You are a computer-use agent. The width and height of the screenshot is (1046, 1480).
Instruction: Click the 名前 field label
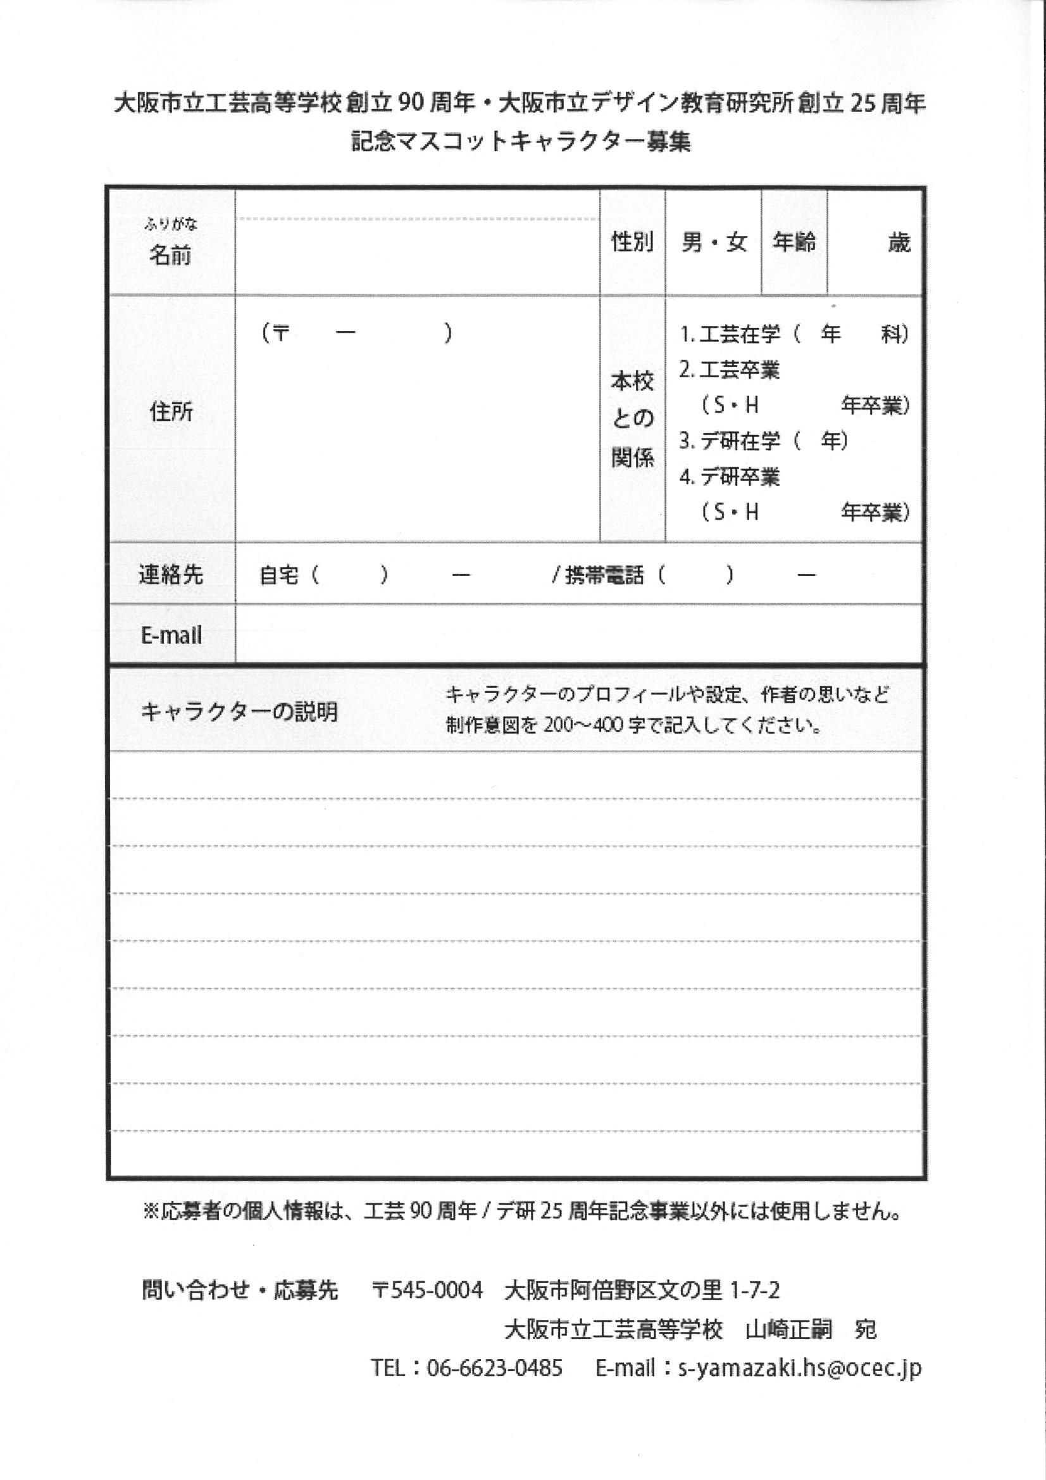point(170,256)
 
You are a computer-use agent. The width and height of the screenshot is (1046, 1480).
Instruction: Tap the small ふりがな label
point(171,224)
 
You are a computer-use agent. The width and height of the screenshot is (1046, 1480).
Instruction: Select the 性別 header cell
point(632,242)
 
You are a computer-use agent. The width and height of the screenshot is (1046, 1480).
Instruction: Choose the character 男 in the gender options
point(692,242)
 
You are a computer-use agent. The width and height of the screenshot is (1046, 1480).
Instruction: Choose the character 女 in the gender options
point(736,242)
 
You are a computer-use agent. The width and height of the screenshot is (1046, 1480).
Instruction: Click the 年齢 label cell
point(794,242)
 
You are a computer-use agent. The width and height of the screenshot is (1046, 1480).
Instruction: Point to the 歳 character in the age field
point(899,243)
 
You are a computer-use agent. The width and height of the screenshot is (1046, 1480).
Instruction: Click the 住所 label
point(171,411)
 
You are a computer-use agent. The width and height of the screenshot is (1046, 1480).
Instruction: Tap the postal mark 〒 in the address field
point(281,333)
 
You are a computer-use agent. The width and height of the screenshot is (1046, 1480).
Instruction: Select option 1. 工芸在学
point(730,334)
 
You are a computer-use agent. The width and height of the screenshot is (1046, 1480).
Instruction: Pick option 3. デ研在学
point(730,441)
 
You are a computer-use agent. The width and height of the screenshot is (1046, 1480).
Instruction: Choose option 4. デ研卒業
point(730,477)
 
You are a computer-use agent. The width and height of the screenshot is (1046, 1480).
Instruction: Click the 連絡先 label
point(171,574)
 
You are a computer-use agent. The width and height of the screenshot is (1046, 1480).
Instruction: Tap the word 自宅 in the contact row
point(279,575)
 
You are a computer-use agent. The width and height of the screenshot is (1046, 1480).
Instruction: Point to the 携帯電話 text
point(604,575)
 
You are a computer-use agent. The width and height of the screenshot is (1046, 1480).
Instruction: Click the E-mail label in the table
point(171,636)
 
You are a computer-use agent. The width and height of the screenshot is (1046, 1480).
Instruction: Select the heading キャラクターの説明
point(239,712)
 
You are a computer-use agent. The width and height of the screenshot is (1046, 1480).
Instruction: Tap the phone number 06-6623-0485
point(494,1367)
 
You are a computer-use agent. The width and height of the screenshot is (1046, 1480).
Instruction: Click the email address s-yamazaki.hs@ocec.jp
point(799,1368)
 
